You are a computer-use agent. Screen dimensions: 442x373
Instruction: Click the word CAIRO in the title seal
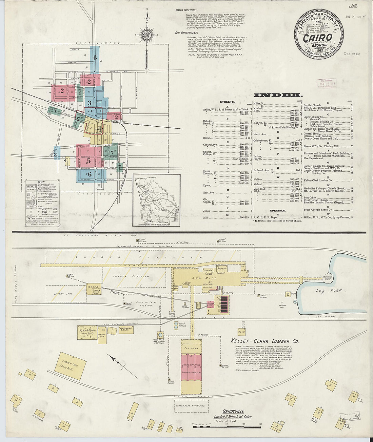point(317,38)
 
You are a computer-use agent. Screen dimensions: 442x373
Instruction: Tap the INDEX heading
point(277,95)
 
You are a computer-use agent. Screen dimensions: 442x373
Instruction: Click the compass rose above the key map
point(148,35)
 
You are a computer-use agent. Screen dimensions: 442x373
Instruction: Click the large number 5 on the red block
point(89,161)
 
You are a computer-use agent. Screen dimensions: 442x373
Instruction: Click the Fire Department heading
point(186,33)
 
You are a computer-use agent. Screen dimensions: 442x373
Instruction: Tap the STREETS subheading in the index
point(227,102)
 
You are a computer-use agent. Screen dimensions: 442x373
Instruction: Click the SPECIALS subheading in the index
point(277,210)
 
